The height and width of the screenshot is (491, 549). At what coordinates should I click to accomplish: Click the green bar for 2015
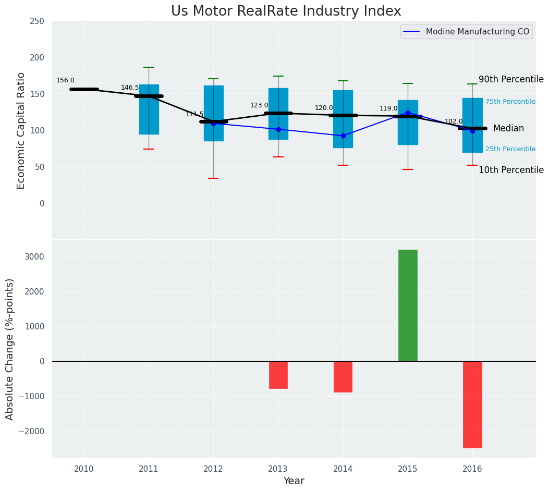coord(408,305)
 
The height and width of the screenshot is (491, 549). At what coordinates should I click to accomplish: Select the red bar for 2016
coord(472,404)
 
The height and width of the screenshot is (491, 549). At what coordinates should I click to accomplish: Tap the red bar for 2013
coord(278,375)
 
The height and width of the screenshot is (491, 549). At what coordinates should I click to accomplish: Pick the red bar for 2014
coord(343,376)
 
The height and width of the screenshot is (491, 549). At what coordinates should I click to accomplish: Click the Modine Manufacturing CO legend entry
coord(477,32)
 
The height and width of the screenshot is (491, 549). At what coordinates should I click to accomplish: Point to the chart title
coord(286,11)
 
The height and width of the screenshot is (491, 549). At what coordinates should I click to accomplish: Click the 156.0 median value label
coord(65,80)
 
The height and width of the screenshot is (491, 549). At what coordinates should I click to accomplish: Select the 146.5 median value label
coord(130,88)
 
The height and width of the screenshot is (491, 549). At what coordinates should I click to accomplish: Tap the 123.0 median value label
coord(259,105)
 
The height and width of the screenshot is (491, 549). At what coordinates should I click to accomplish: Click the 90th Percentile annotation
coord(511,79)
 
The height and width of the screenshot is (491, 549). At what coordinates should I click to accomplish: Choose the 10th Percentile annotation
coord(511,170)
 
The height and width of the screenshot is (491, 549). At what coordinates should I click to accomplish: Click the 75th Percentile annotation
coord(510,102)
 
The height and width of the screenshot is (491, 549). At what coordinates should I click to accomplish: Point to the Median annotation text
coord(508,128)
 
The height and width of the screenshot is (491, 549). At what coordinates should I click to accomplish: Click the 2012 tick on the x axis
coord(213,469)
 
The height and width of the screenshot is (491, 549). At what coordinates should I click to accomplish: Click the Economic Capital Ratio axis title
coord(21,130)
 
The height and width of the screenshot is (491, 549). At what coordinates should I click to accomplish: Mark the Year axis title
coord(294,481)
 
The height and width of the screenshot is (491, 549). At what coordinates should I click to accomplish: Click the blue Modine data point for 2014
coord(343,136)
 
